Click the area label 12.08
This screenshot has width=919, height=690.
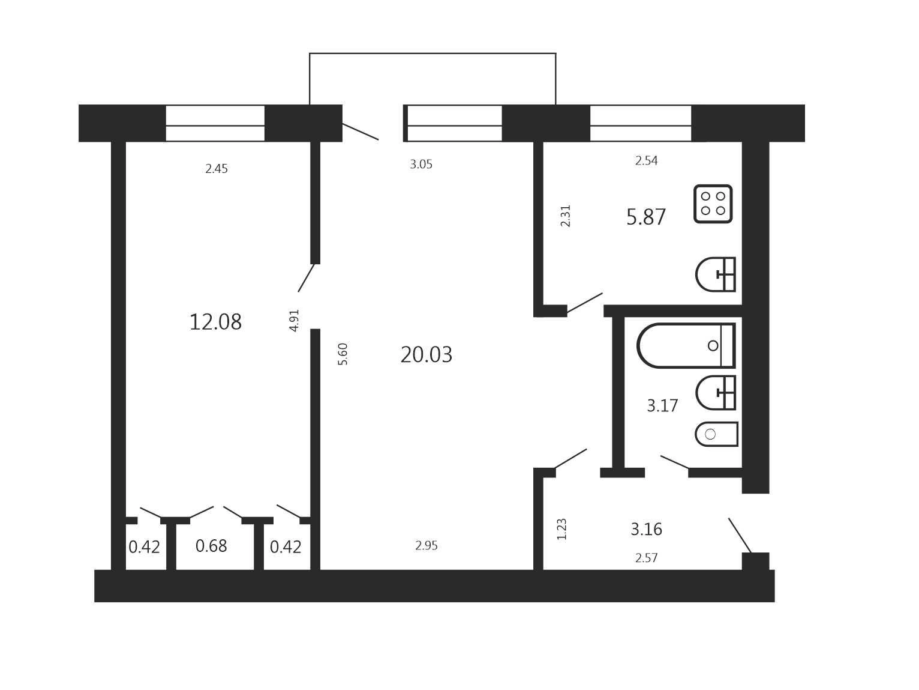215,322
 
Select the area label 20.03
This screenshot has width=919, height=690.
427,354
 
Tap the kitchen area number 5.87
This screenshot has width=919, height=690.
645,217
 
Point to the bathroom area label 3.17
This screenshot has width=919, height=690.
662,405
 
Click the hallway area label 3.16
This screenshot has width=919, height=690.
647,529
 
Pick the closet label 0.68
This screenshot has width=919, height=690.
211,546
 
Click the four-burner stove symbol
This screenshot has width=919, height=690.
713,204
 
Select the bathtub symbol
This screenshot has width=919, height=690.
686,346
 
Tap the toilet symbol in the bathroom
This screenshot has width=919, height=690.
716,434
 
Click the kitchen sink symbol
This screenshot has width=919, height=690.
716,274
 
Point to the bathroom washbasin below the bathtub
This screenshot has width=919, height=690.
716,393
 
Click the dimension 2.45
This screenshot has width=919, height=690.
217,168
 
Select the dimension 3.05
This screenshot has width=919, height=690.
421,164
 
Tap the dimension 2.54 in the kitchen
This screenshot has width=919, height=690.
646,160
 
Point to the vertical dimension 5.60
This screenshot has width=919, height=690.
343,354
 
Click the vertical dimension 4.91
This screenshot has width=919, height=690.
295,321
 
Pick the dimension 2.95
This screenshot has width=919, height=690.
427,545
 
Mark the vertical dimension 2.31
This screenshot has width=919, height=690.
565,216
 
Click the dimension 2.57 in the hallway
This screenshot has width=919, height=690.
646,558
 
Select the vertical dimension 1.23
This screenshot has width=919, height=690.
561,529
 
